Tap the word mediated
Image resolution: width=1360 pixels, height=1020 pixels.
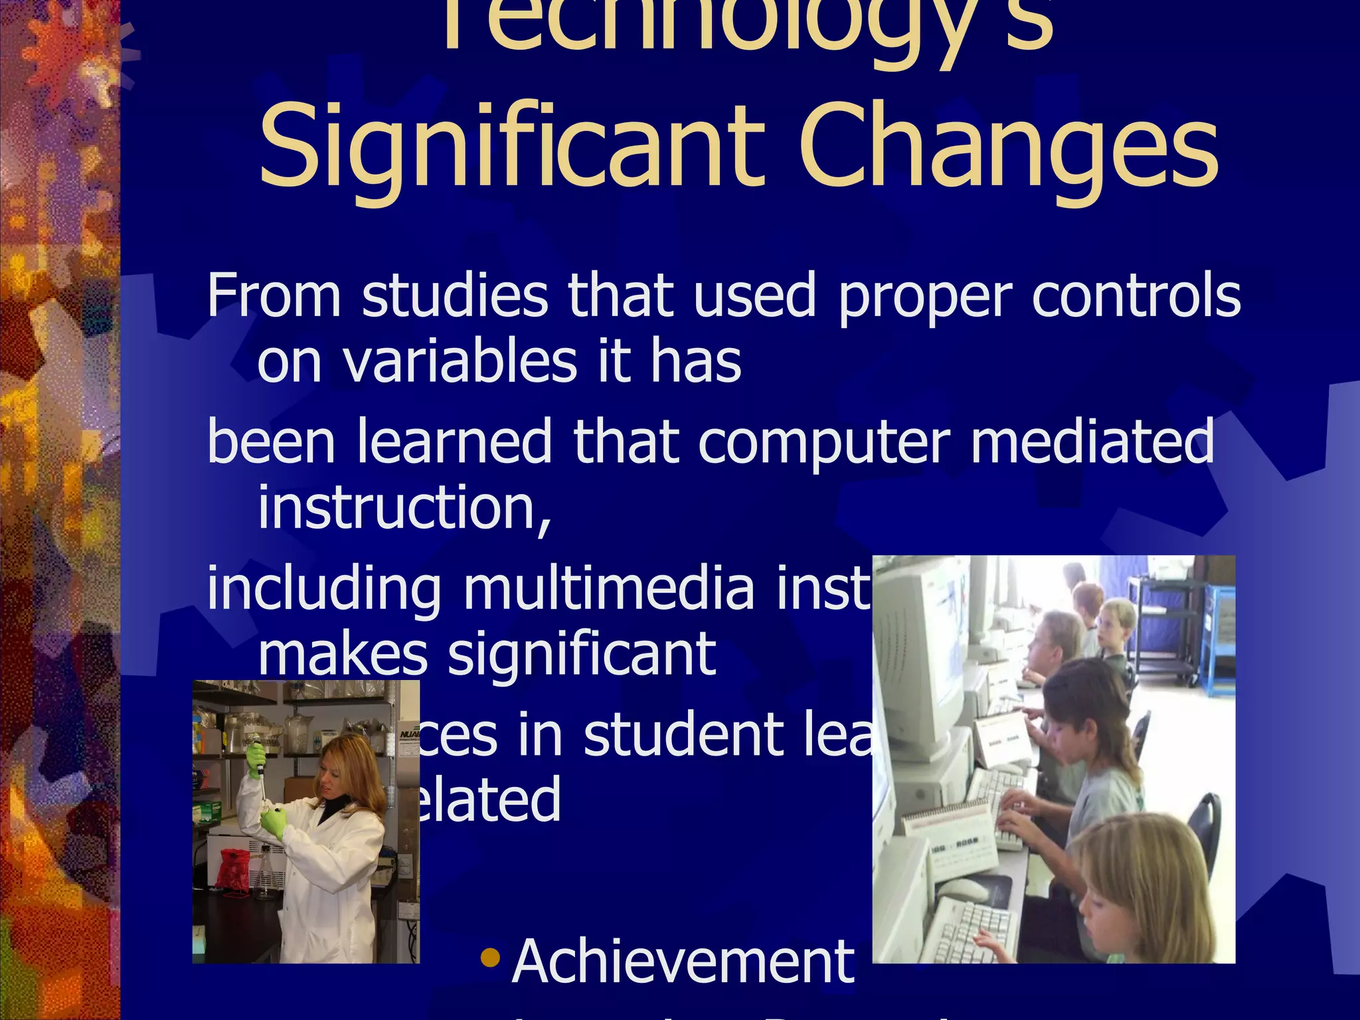pyautogui.click(x=1092, y=441)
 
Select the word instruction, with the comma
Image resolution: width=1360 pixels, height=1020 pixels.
pyautogui.click(x=404, y=509)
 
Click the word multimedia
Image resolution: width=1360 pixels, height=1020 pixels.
pyautogui.click(x=609, y=588)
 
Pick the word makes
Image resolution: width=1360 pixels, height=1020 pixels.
pyautogui.click(x=343, y=655)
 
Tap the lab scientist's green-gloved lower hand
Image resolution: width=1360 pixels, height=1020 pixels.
pyautogui.click(x=274, y=824)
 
